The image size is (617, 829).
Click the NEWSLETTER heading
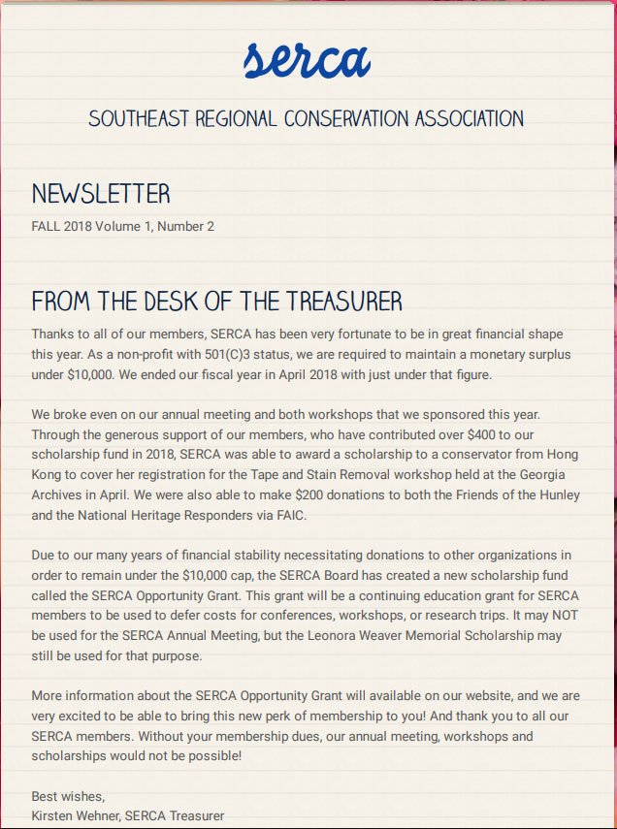click(x=101, y=194)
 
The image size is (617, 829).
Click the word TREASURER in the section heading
click(x=340, y=300)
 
